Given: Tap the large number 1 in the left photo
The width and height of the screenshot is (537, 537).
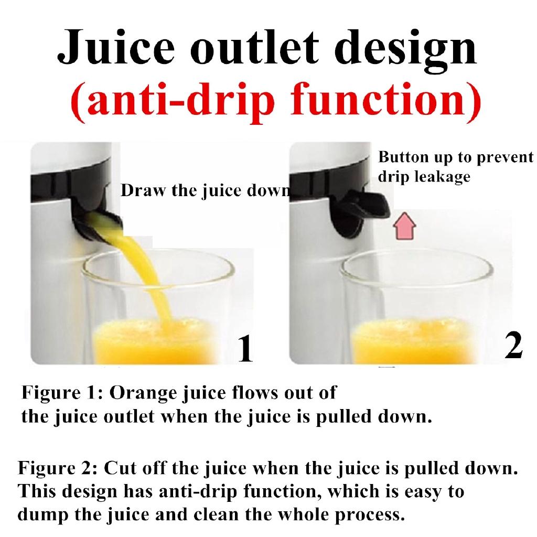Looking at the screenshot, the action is tap(245, 348).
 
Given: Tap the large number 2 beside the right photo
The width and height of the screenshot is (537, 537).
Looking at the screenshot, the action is tap(514, 345).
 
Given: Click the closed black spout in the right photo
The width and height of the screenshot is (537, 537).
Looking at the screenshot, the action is tap(360, 212).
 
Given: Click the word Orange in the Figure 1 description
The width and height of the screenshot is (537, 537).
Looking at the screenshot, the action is tap(144, 393).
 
